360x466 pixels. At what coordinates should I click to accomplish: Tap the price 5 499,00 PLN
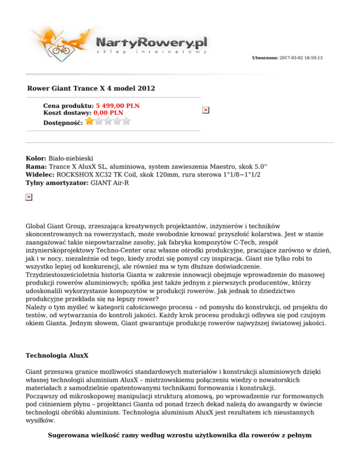click(x=118, y=106)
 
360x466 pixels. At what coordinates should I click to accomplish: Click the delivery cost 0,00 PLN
click(x=108, y=113)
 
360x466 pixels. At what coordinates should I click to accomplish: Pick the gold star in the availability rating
click(x=89, y=121)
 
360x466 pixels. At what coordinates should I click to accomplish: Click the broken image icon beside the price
click(x=205, y=110)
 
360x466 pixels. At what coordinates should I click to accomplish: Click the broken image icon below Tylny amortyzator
click(x=29, y=197)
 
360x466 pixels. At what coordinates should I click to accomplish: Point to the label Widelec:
click(x=40, y=174)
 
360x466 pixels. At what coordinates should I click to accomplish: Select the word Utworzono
click(x=265, y=58)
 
